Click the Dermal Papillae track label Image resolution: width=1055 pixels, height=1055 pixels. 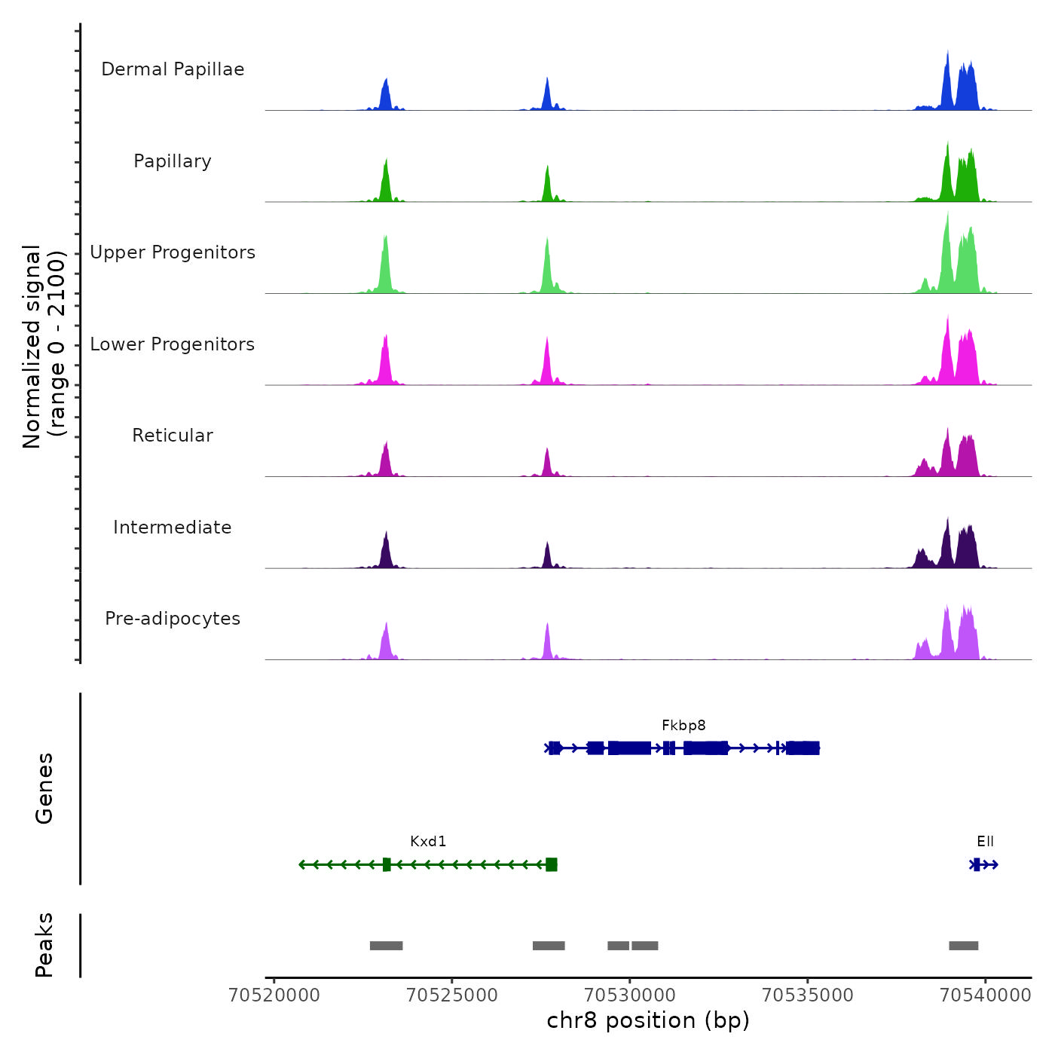click(x=173, y=69)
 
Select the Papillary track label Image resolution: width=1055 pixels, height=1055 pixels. click(x=173, y=161)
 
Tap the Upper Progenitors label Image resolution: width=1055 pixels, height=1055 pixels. click(x=173, y=252)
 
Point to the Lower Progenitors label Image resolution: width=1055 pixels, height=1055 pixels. click(x=173, y=344)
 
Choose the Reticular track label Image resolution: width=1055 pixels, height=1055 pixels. click(x=173, y=436)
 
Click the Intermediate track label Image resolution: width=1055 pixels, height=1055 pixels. click(x=173, y=527)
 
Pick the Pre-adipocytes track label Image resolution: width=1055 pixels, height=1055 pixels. click(x=173, y=619)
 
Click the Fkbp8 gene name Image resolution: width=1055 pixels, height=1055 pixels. click(x=683, y=726)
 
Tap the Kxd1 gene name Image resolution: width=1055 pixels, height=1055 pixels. click(x=428, y=842)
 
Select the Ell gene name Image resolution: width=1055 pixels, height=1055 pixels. click(x=985, y=842)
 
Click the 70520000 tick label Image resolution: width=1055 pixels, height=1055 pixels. click(x=274, y=995)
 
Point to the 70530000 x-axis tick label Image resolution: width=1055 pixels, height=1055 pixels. click(x=630, y=995)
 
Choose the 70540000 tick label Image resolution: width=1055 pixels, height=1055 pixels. click(x=985, y=995)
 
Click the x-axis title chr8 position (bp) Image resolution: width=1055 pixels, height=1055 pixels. click(x=648, y=1020)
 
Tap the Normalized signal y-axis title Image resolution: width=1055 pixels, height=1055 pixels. click(x=44, y=347)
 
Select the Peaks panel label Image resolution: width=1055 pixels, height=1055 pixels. click(x=44, y=945)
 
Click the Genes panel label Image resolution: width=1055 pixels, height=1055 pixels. click(x=44, y=788)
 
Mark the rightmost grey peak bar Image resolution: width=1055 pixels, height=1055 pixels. click(x=963, y=946)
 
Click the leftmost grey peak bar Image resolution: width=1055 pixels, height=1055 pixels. click(x=386, y=946)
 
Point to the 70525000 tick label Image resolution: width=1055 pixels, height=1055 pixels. click(x=452, y=995)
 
